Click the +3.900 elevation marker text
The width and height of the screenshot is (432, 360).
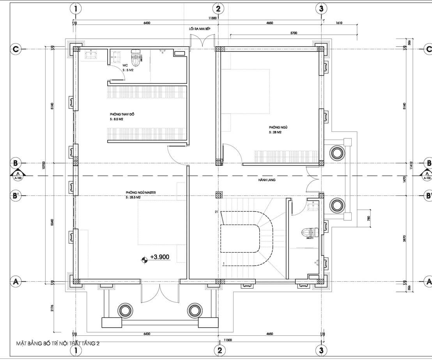click(x=160, y=257)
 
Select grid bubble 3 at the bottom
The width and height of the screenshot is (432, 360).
click(x=321, y=350)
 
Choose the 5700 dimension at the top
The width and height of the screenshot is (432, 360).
click(x=294, y=33)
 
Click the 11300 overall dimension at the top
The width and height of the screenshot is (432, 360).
click(x=212, y=18)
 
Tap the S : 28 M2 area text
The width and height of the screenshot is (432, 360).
click(x=275, y=133)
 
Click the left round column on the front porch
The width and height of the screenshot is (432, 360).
click(x=125, y=310)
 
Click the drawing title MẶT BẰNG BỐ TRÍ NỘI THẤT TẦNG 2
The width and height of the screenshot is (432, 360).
click(x=58, y=343)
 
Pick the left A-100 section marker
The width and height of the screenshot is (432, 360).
click(x=17, y=176)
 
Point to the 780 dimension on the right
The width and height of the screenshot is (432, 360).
click(x=369, y=218)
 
